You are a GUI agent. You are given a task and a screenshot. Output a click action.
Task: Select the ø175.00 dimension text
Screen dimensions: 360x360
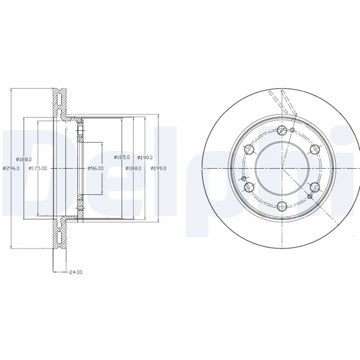point(38,168)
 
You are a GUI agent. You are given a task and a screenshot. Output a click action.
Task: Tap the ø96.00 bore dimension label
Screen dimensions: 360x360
point(95,168)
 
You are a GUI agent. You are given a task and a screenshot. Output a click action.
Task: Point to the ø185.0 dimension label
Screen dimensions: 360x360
point(122,157)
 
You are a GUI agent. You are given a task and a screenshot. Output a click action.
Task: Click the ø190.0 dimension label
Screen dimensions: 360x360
point(145,157)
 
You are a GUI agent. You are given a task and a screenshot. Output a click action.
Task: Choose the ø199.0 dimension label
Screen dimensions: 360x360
point(159,168)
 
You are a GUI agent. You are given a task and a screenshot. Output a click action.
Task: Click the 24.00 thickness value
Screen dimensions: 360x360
point(76,272)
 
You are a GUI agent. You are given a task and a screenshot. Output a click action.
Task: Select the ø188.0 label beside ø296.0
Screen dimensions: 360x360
point(23,159)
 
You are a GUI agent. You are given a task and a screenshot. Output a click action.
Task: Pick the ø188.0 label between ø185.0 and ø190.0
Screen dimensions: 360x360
point(134,168)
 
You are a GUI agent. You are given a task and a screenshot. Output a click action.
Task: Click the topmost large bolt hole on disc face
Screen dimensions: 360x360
point(282,130)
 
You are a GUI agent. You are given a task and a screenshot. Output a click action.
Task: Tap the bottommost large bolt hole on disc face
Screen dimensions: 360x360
point(282,206)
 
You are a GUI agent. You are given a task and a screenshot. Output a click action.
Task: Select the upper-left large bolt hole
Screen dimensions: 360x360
point(249,149)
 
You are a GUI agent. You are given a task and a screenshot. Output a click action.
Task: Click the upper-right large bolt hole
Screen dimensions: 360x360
point(315,149)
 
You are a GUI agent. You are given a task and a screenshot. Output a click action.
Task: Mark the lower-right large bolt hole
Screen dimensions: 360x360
point(315,187)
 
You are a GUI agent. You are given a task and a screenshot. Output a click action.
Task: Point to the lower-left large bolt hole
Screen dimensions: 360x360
point(249,187)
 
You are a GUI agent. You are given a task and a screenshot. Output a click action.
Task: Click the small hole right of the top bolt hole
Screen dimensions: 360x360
point(292,130)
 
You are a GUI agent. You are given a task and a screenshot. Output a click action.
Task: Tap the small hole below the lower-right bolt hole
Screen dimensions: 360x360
point(310,196)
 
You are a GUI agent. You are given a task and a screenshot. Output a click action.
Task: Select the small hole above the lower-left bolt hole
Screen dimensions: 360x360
point(245,179)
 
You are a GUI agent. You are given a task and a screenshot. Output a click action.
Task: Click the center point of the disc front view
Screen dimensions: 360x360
point(282,168)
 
